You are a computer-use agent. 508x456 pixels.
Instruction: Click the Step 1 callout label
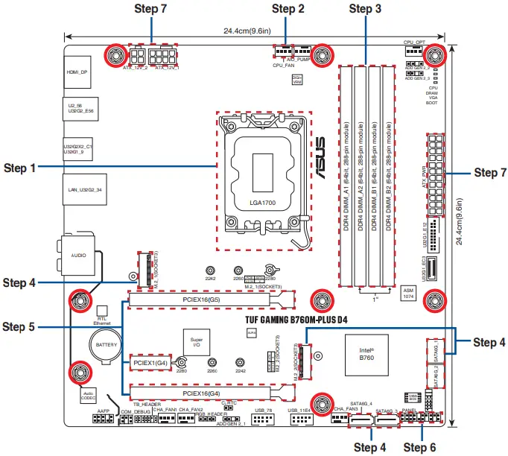[20, 168]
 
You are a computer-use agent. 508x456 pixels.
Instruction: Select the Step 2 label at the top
[288, 9]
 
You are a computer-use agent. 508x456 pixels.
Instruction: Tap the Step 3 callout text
[365, 9]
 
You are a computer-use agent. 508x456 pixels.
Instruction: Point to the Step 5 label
[20, 326]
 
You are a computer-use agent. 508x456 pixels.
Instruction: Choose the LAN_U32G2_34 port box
[84, 190]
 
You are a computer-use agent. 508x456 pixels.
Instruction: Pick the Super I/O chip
[197, 343]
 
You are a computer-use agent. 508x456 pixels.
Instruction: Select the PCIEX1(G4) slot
[151, 363]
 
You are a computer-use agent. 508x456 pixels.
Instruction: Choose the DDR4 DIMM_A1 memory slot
[347, 175]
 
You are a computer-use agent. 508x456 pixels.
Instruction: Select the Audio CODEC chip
[88, 394]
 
